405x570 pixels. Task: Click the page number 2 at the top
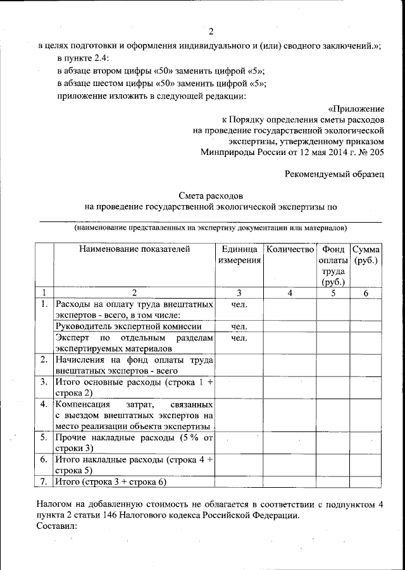[211, 32]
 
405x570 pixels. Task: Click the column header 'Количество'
[290, 250]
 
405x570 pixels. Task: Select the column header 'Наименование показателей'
[134, 250]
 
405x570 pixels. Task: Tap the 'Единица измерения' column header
[239, 255]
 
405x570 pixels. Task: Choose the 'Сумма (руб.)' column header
[366, 255]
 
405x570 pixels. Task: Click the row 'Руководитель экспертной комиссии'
[129, 326]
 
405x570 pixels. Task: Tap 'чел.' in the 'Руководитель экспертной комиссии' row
[239, 326]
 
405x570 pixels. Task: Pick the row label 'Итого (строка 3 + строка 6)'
[111, 482]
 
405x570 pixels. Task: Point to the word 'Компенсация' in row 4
[83, 404]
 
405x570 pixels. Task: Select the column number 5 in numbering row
[333, 293]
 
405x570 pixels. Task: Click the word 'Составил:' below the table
[56, 526]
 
